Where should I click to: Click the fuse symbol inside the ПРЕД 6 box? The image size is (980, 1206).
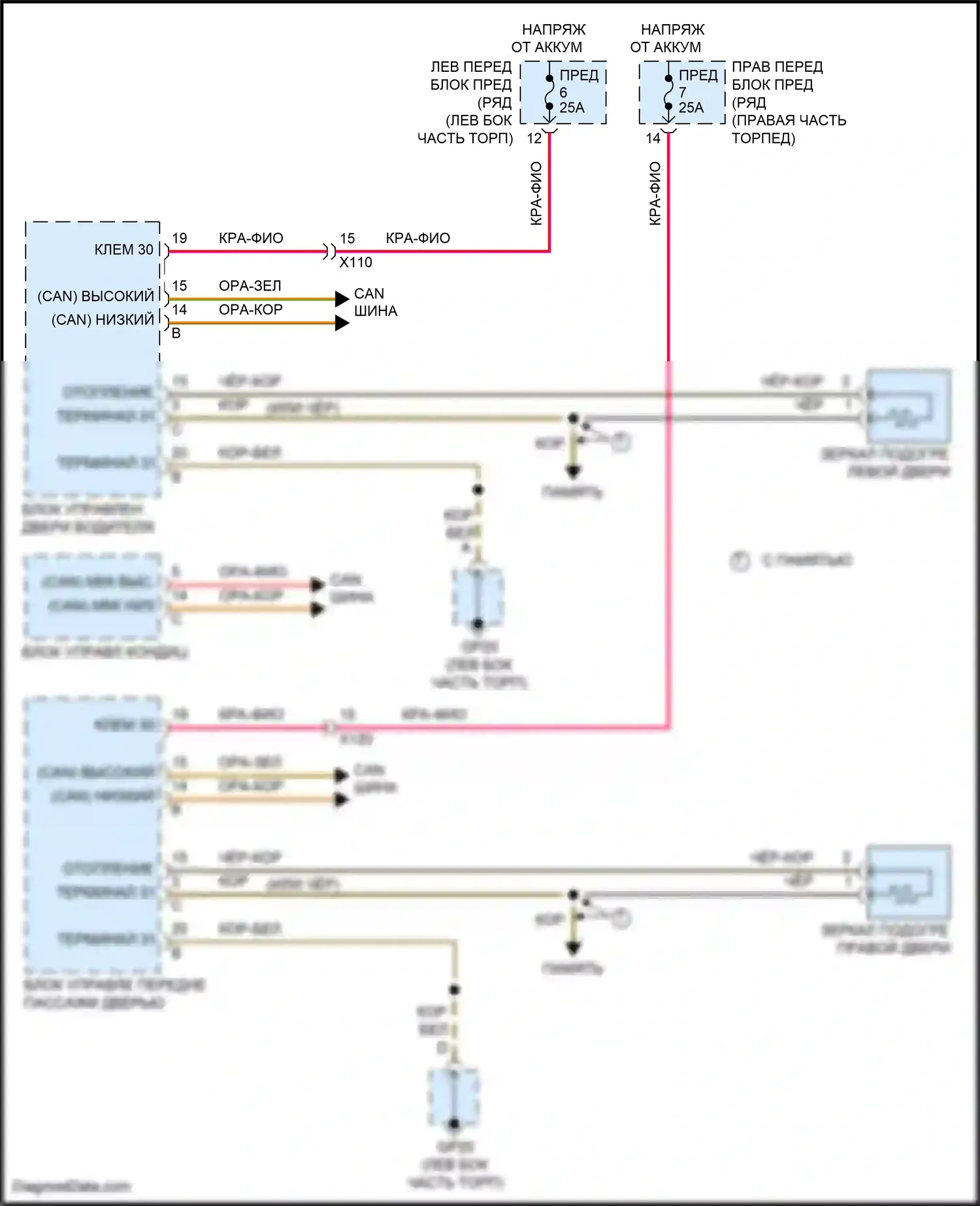[x=549, y=92]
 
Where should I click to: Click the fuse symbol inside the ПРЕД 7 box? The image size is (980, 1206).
[x=668, y=92]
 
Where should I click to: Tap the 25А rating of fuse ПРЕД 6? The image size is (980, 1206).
[x=572, y=108]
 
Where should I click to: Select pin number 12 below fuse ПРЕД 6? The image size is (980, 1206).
[x=534, y=139]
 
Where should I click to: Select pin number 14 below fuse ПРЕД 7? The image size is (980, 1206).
[x=653, y=139]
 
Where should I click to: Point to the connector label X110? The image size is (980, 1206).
[x=355, y=263]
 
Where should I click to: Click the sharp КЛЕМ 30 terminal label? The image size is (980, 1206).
[x=124, y=250]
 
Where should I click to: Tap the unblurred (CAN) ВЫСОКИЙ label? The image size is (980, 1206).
[x=96, y=296]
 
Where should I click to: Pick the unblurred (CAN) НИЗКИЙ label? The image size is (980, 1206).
[x=103, y=319]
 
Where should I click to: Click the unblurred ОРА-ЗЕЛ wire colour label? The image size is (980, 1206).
[x=250, y=286]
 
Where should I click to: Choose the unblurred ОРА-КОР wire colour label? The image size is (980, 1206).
[x=251, y=310]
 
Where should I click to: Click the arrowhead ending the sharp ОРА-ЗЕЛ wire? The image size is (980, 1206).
[x=342, y=299]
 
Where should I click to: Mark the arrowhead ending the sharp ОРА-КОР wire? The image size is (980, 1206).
[x=342, y=323]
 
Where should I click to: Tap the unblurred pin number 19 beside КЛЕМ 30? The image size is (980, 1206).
[x=180, y=238]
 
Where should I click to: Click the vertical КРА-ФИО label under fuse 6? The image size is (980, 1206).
[x=536, y=194]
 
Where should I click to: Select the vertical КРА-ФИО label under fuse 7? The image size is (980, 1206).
[x=655, y=194]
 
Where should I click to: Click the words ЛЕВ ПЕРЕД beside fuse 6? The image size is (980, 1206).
[x=471, y=67]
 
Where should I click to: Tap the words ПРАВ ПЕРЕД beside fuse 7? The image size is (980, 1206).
[x=777, y=67]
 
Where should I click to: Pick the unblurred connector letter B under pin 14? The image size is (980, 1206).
[x=176, y=333]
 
